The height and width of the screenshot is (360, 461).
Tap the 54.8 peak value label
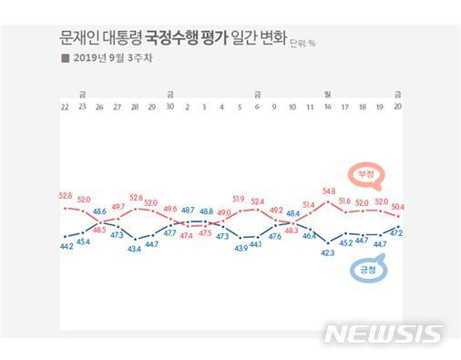pyautogui.click(x=329, y=190)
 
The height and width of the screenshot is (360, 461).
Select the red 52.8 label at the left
pyautogui.click(x=66, y=195)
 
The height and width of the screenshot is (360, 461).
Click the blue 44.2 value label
pyautogui.click(x=66, y=246)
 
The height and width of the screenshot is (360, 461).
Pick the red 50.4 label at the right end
pyautogui.click(x=398, y=208)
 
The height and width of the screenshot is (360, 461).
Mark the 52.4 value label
pyautogui.click(x=258, y=201)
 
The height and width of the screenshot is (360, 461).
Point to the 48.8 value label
pyautogui.click(x=206, y=211)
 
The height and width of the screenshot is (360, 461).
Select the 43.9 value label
pyautogui.click(x=241, y=249)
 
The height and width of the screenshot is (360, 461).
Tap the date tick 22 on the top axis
pyautogui.click(x=66, y=107)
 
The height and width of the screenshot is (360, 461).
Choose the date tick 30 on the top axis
pyautogui.click(x=170, y=107)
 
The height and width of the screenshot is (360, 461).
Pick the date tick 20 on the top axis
pyautogui.click(x=398, y=107)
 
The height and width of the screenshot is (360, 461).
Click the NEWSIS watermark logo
pyautogui.click(x=383, y=334)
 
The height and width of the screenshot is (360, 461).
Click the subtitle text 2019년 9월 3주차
pyautogui.click(x=113, y=59)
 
